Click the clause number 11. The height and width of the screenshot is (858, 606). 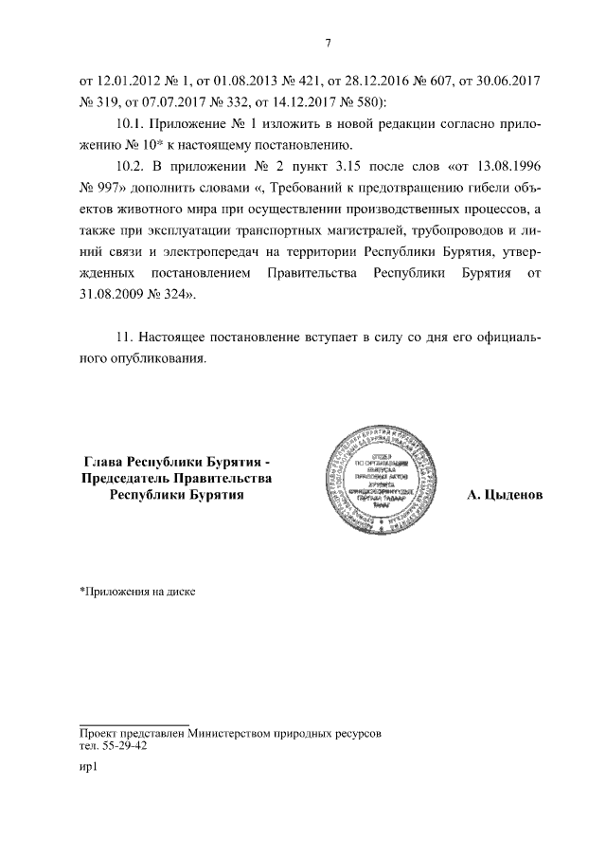click(x=121, y=337)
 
